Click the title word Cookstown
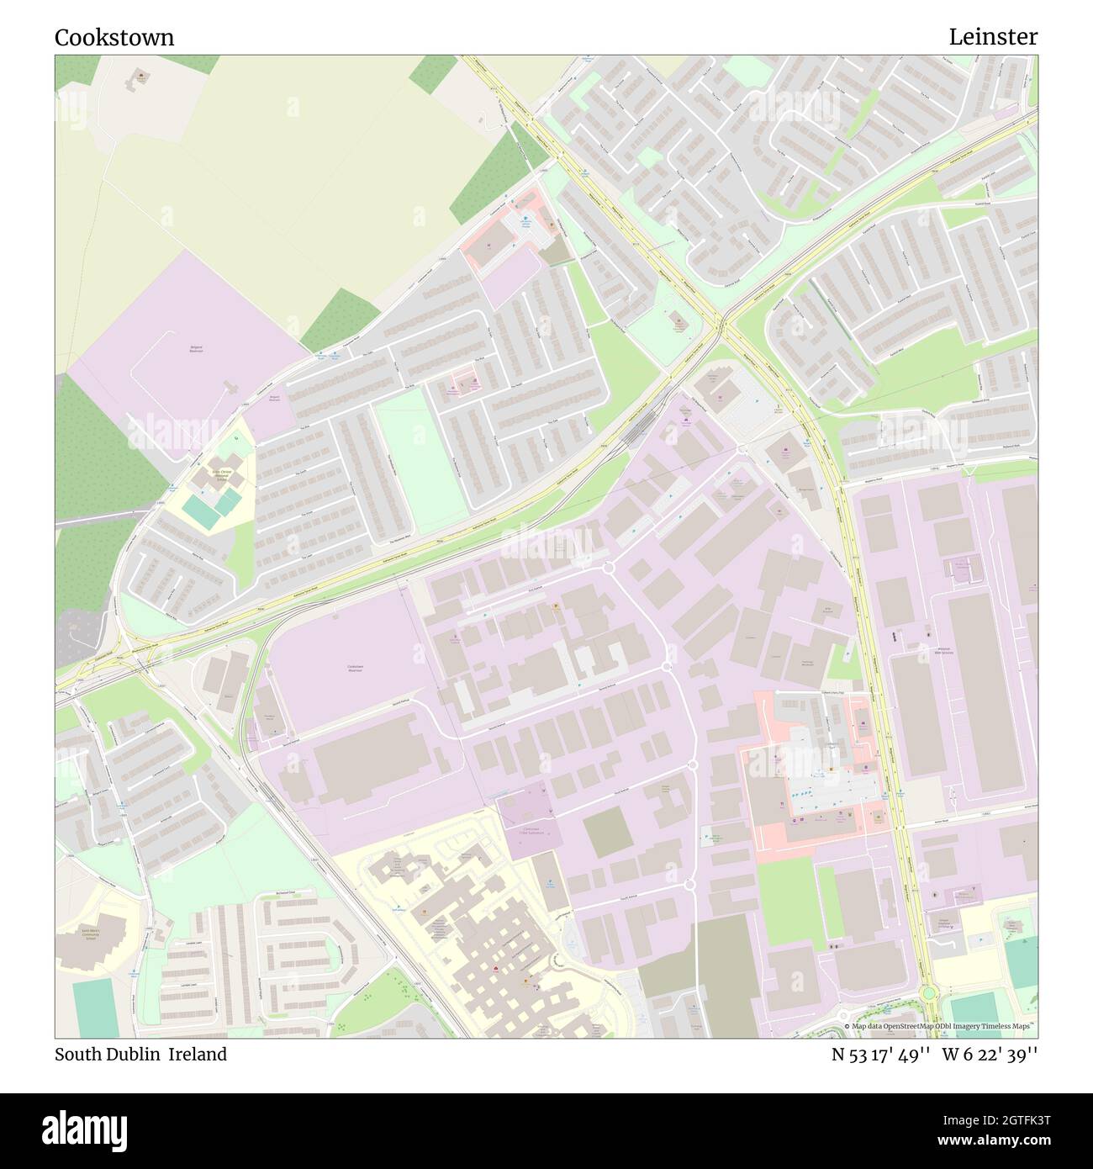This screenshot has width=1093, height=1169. click(x=114, y=37)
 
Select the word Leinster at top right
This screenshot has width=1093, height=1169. click(x=993, y=37)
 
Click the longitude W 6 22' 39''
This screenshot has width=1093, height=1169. click(x=990, y=1054)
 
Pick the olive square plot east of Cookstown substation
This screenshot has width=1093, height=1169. click(x=606, y=833)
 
